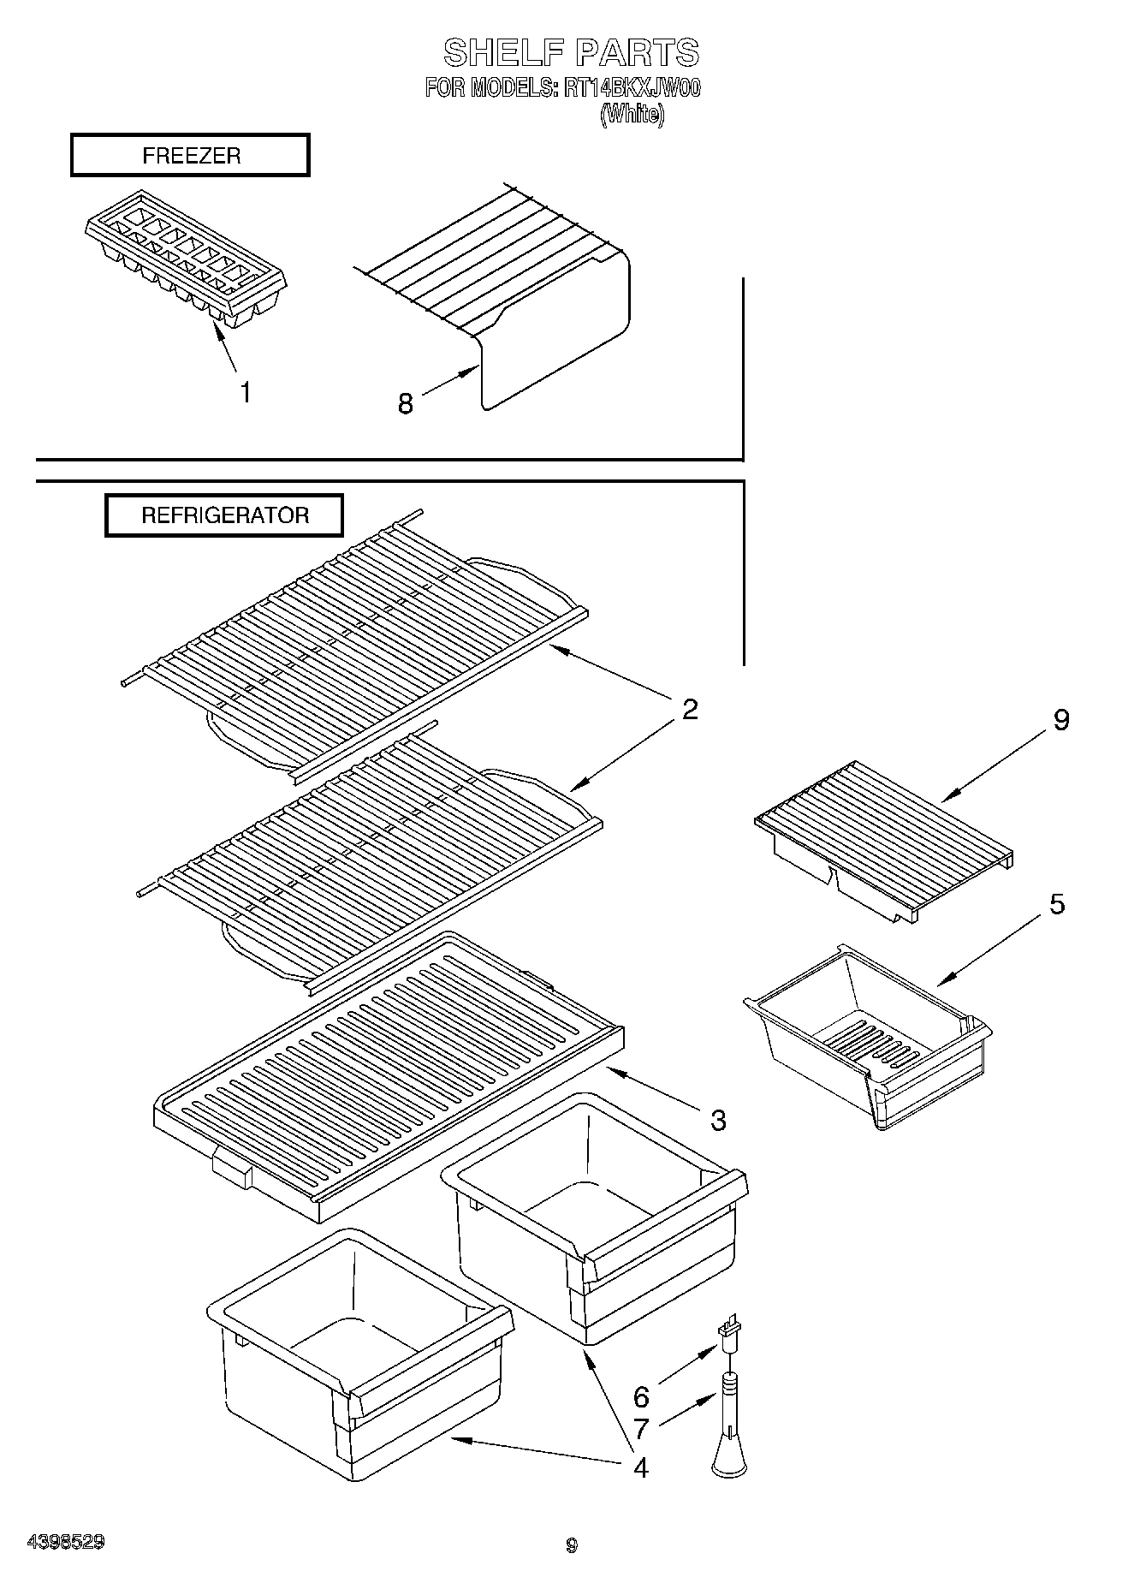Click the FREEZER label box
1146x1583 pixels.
click(190, 156)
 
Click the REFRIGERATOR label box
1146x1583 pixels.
click(224, 515)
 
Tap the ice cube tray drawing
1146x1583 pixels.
click(186, 256)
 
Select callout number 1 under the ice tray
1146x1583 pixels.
click(246, 393)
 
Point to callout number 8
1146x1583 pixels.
click(405, 403)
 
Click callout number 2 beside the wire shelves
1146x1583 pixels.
click(690, 709)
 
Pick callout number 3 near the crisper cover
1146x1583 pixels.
click(717, 1119)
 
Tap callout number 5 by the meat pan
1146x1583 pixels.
click(1057, 904)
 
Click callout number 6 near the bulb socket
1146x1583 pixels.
click(641, 1396)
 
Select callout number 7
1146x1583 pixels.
click(641, 1429)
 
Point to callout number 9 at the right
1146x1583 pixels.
click(1060, 720)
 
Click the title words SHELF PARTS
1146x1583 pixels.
click(571, 53)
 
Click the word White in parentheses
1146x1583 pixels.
click(632, 114)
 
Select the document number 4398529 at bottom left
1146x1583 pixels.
click(67, 1542)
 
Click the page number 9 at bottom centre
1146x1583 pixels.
click(572, 1545)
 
